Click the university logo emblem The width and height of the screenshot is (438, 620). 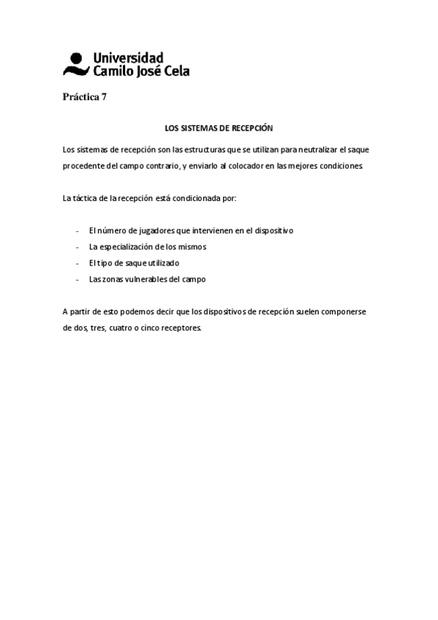75,64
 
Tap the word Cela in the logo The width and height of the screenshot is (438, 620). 175,71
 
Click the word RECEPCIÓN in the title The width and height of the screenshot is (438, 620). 252,128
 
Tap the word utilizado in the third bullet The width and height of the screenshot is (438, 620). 158,263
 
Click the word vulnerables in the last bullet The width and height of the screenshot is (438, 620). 146,279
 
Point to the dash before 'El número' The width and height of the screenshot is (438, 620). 77,231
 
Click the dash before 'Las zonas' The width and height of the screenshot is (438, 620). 77,279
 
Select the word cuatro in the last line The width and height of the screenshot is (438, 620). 121,328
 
